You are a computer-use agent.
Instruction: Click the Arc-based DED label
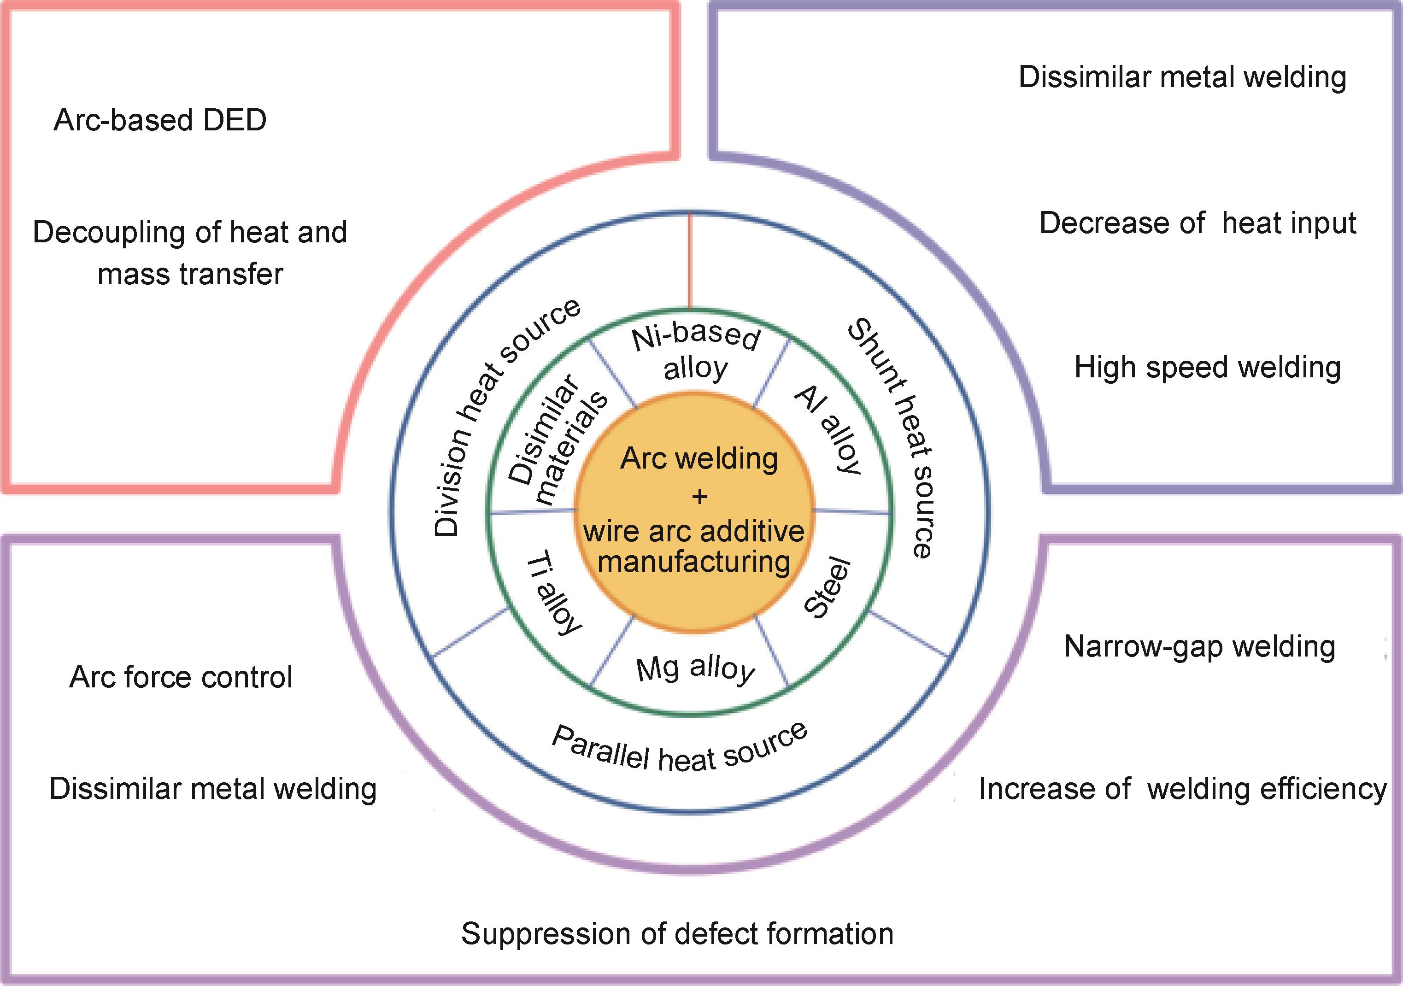tap(160, 120)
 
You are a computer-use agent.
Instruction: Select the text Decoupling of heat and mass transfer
tap(190, 252)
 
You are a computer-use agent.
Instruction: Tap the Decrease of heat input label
tap(1198, 223)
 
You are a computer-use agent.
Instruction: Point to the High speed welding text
tap(1208, 368)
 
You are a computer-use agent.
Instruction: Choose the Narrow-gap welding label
tap(1199, 646)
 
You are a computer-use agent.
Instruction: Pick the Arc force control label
tap(181, 677)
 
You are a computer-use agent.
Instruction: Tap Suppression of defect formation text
tap(677, 933)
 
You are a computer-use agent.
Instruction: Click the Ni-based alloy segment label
tap(696, 354)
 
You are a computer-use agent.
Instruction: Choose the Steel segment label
tap(828, 588)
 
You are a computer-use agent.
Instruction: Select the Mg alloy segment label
tap(695, 668)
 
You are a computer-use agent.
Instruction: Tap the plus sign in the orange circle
tap(699, 496)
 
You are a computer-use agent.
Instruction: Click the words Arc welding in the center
tap(699, 459)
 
